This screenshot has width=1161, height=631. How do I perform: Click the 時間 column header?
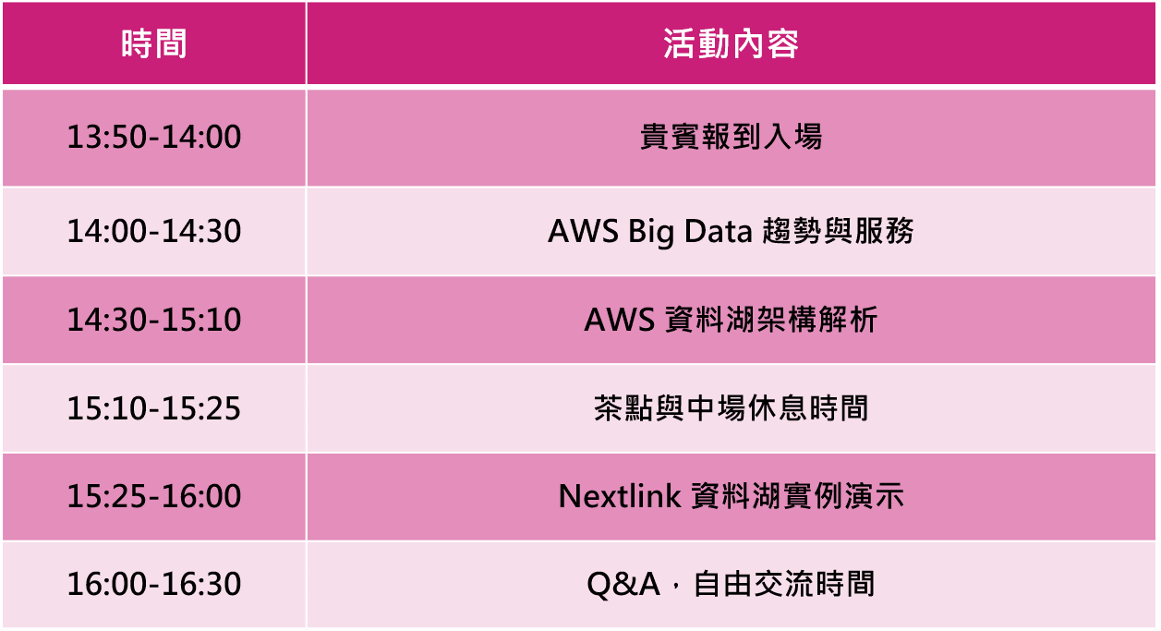click(x=154, y=43)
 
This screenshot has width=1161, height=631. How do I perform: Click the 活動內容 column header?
click(x=731, y=43)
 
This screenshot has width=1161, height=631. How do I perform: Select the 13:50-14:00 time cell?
click(x=154, y=137)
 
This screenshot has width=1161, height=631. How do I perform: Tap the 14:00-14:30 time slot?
click(x=154, y=231)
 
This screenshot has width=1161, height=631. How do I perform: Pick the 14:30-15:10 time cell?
click(x=154, y=320)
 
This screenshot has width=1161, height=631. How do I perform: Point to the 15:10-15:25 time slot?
click(x=154, y=408)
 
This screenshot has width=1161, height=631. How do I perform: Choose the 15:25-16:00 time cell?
click(x=154, y=496)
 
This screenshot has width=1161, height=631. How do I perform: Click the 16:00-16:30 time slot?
click(x=154, y=584)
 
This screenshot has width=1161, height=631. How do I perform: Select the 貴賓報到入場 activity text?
click(x=731, y=137)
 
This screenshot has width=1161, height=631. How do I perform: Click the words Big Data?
click(x=690, y=232)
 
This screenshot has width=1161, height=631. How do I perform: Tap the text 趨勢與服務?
click(x=838, y=231)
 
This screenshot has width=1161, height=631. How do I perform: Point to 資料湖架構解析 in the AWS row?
click(x=771, y=320)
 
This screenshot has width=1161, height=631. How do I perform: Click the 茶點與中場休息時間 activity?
click(x=731, y=408)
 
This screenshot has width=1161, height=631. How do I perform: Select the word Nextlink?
click(x=620, y=496)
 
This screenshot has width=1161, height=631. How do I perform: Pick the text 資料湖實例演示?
click(x=798, y=496)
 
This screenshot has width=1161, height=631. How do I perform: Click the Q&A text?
click(x=623, y=585)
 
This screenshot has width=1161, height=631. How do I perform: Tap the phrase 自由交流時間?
click(x=783, y=584)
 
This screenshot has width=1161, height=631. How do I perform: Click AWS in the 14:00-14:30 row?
click(x=583, y=231)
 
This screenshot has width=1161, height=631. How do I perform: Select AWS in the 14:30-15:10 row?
click(x=620, y=320)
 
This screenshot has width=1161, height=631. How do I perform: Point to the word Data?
click(x=718, y=231)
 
